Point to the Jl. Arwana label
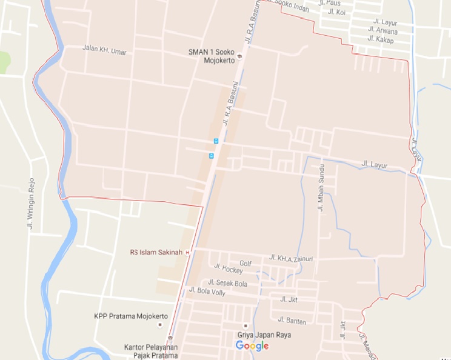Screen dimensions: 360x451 pyautogui.click(x=383, y=31)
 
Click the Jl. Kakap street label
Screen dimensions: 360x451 pyautogui.click(x=380, y=41)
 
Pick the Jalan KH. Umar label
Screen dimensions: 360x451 pyautogui.click(x=104, y=52)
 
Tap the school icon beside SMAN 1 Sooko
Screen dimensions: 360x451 pyautogui.click(x=239, y=57)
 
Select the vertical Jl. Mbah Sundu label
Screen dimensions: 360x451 pyautogui.click(x=321, y=188)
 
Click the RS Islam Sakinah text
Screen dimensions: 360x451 pyautogui.click(x=156, y=252)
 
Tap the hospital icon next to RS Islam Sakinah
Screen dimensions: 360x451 pyautogui.click(x=187, y=252)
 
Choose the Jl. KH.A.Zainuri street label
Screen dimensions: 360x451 pyautogui.click(x=291, y=258)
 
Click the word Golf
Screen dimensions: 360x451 pyautogui.click(x=245, y=264)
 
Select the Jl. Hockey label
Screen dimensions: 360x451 pyautogui.click(x=229, y=268)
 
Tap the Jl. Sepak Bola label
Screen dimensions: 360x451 pyautogui.click(x=227, y=282)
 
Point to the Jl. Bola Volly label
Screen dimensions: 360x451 pyautogui.click(x=207, y=291)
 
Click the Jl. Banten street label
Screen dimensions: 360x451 pyautogui.click(x=292, y=321)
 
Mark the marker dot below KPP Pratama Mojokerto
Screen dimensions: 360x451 pyautogui.click(x=160, y=325)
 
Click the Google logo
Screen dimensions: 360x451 pyautogui.click(x=252, y=346)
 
